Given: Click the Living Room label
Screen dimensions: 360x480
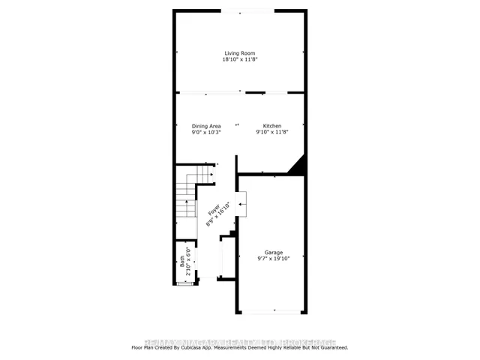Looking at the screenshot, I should click(239, 52).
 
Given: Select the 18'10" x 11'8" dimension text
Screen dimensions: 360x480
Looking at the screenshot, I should click(239, 59).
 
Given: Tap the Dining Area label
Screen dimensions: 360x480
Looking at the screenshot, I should click(206, 125).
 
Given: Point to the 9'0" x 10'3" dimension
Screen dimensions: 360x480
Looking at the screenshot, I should click(206, 132).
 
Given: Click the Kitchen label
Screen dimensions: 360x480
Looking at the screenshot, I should click(271, 125).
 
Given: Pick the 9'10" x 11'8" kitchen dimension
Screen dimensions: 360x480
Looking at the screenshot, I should click(271, 132).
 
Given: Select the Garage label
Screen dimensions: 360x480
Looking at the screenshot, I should click(273, 253).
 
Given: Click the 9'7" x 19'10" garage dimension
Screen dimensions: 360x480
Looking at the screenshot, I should click(273, 259).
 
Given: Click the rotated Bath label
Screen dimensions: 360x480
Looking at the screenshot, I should click(181, 262).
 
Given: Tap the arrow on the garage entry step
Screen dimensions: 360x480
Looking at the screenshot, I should click(241, 203).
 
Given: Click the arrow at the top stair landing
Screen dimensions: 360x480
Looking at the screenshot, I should click(212, 175).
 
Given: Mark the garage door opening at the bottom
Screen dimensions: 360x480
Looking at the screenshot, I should click(271, 311).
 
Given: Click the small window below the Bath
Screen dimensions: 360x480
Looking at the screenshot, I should click(184, 283).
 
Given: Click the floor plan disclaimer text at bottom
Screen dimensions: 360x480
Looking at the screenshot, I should click(239, 347).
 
